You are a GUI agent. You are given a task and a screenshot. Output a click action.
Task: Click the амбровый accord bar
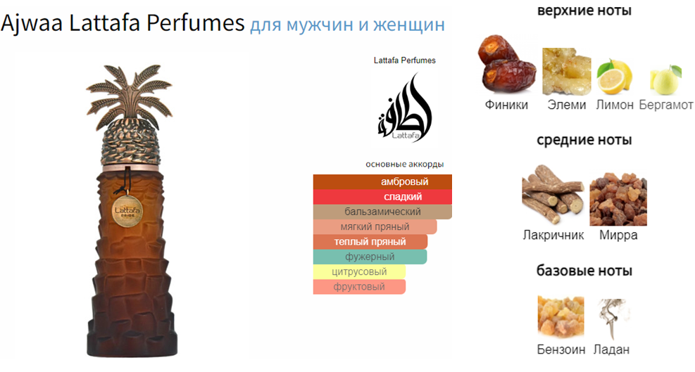[382, 181]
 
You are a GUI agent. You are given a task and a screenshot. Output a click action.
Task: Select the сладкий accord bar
[382, 197]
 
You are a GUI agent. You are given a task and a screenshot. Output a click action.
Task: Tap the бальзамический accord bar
[382, 212]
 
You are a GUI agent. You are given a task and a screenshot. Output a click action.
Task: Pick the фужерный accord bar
[370, 257]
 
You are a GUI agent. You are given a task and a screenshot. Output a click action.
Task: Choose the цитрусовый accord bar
[359, 272]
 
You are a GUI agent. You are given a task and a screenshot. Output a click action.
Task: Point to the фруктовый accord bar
[359, 287]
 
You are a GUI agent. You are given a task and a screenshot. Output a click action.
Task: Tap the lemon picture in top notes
[614, 76]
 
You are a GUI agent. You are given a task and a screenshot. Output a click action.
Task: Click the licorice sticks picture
[552, 194]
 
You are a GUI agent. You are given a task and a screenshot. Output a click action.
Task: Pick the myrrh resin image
[618, 200]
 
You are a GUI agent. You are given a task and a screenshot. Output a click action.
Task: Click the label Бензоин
[561, 349]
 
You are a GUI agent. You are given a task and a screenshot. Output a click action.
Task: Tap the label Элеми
[566, 105]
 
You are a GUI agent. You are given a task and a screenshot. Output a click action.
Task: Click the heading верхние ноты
[584, 10]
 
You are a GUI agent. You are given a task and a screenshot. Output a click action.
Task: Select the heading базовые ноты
[584, 271]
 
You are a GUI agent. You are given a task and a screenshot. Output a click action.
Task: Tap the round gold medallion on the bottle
[127, 211]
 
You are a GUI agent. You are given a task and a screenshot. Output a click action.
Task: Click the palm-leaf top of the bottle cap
[129, 95]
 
